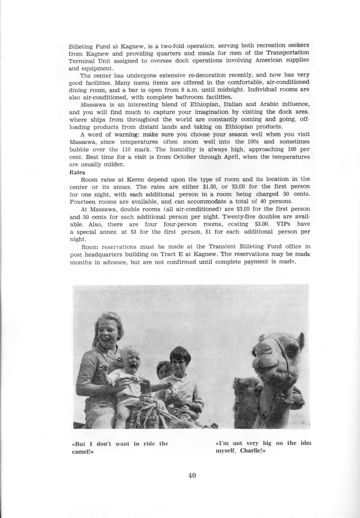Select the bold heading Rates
click(78, 171)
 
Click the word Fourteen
click(84, 202)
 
